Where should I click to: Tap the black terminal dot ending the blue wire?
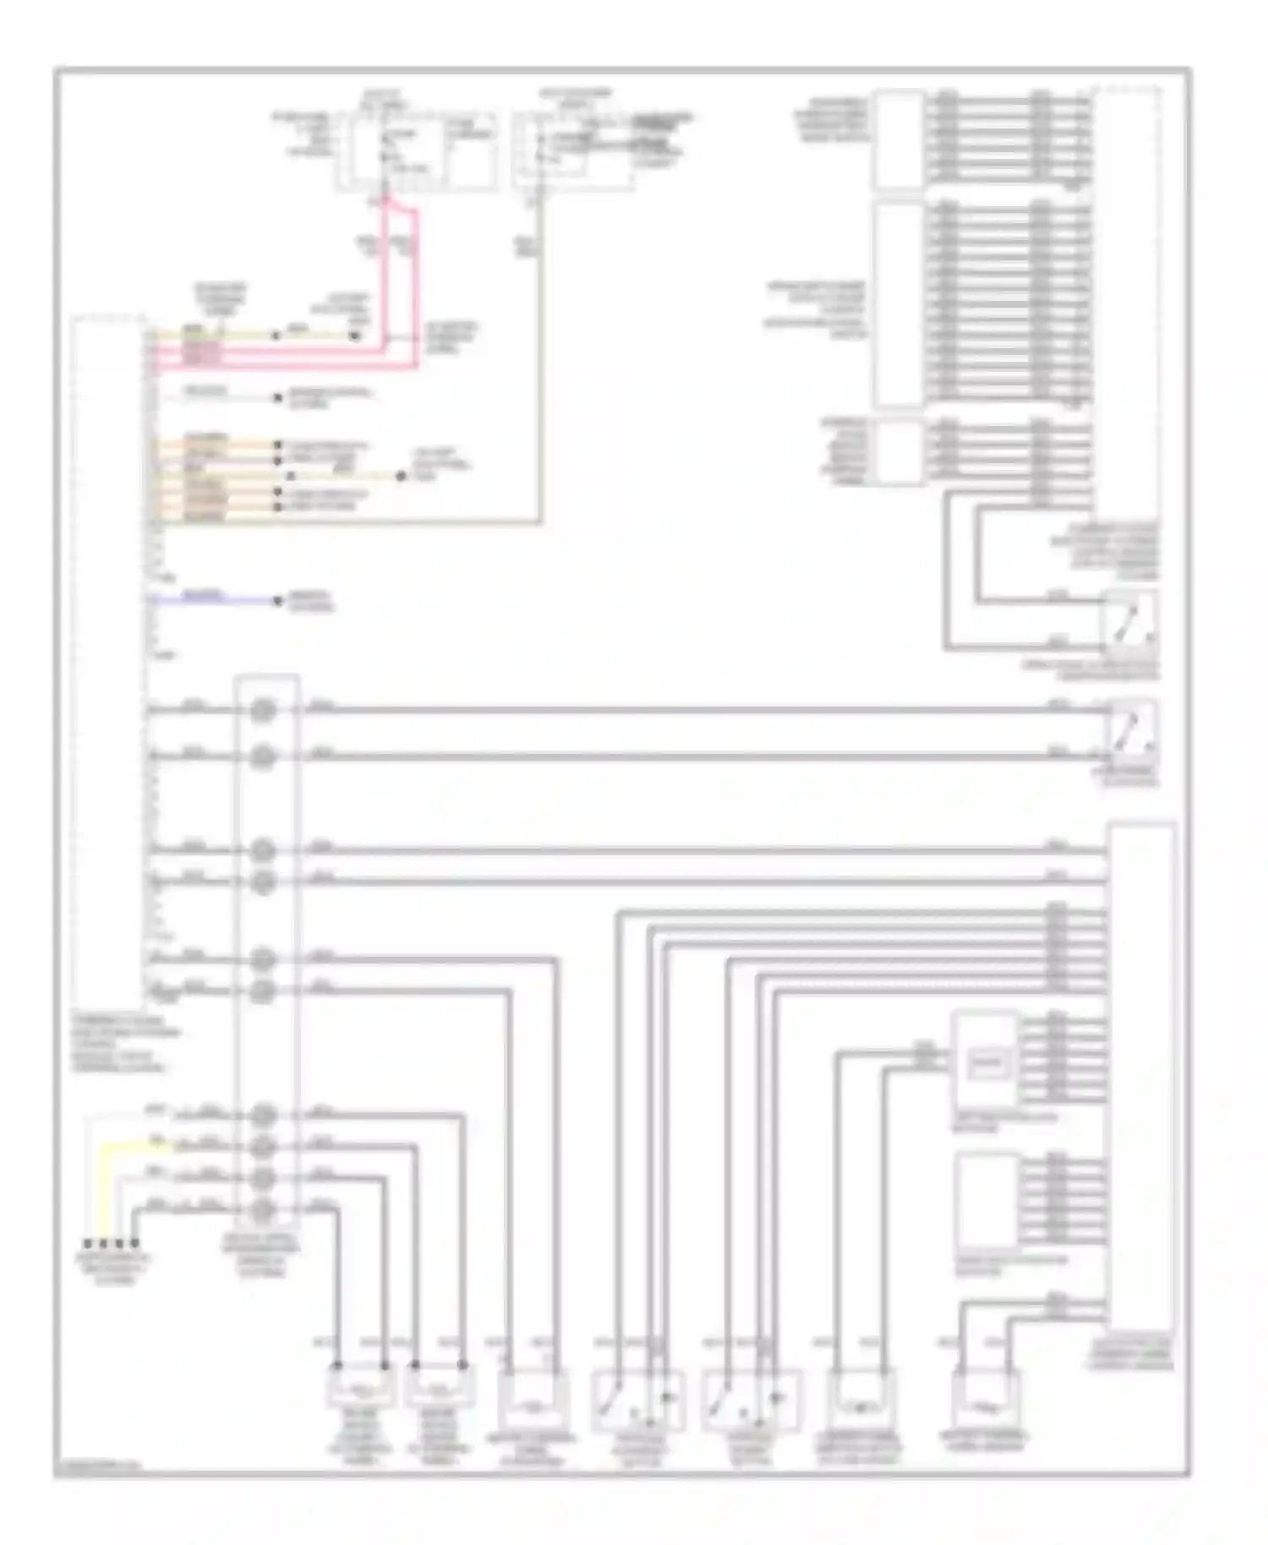277,601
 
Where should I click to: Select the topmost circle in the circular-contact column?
264,709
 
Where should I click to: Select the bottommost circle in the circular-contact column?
264,1210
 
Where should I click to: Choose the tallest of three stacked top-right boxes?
899,304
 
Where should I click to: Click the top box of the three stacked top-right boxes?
899,139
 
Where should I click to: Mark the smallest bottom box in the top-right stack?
899,451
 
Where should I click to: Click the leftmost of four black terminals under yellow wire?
87,1244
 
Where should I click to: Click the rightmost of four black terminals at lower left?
134,1244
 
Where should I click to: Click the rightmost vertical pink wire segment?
416,287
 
